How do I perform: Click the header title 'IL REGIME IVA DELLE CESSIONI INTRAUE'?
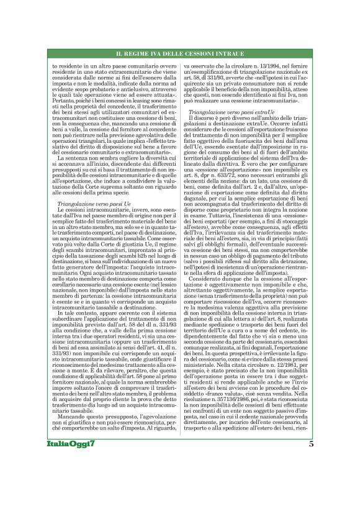point(180,55)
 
